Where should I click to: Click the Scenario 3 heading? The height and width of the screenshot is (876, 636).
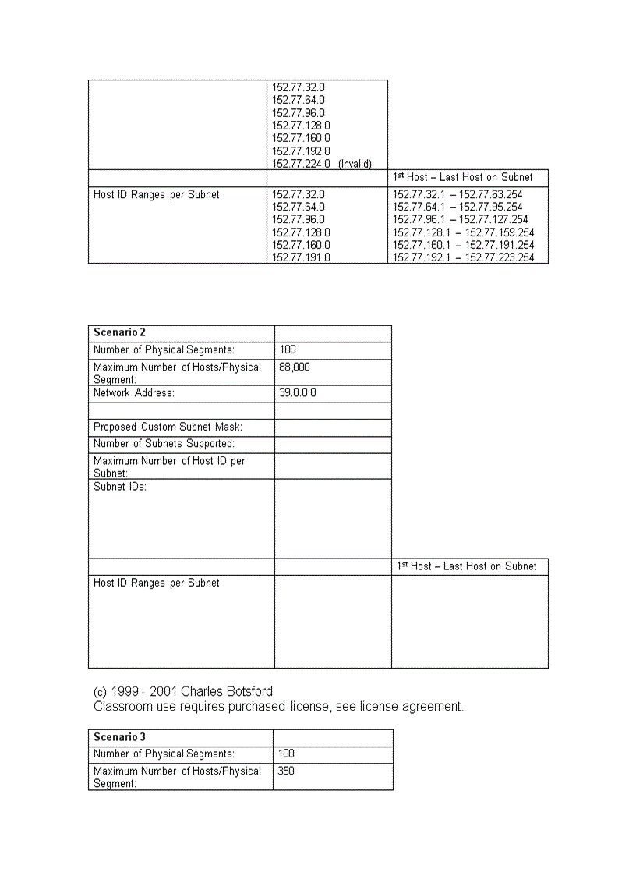coord(119,737)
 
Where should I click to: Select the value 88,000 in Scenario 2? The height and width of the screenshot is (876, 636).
coord(294,367)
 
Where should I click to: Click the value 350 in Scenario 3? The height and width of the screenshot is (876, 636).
coord(286,771)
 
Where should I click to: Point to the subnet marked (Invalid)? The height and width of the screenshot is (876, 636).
coord(321,164)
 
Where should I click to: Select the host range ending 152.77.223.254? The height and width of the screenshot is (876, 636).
coord(463,257)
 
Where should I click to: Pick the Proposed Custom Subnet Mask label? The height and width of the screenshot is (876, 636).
coord(168,427)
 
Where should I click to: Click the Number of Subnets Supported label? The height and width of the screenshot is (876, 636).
coord(164,444)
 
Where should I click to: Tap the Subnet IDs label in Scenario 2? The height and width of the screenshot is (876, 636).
coord(120,487)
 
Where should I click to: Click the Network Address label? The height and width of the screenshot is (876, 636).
coord(133,393)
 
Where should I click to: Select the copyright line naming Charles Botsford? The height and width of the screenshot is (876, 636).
coord(183,692)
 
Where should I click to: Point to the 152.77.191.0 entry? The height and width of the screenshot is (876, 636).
coord(300,257)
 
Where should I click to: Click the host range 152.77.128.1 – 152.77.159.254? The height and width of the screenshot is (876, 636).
coord(463,232)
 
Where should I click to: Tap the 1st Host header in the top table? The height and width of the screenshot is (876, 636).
coord(462,177)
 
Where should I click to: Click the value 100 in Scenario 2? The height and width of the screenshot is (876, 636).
coord(287,350)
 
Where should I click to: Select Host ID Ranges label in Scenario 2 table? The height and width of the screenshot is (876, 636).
coord(156,583)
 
